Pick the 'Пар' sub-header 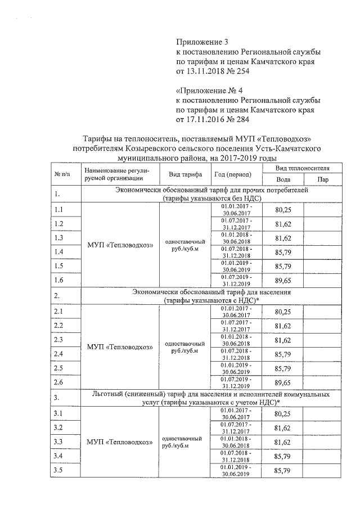tap(322, 179)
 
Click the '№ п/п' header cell tap(65, 173)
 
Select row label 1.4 tap(58, 251)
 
